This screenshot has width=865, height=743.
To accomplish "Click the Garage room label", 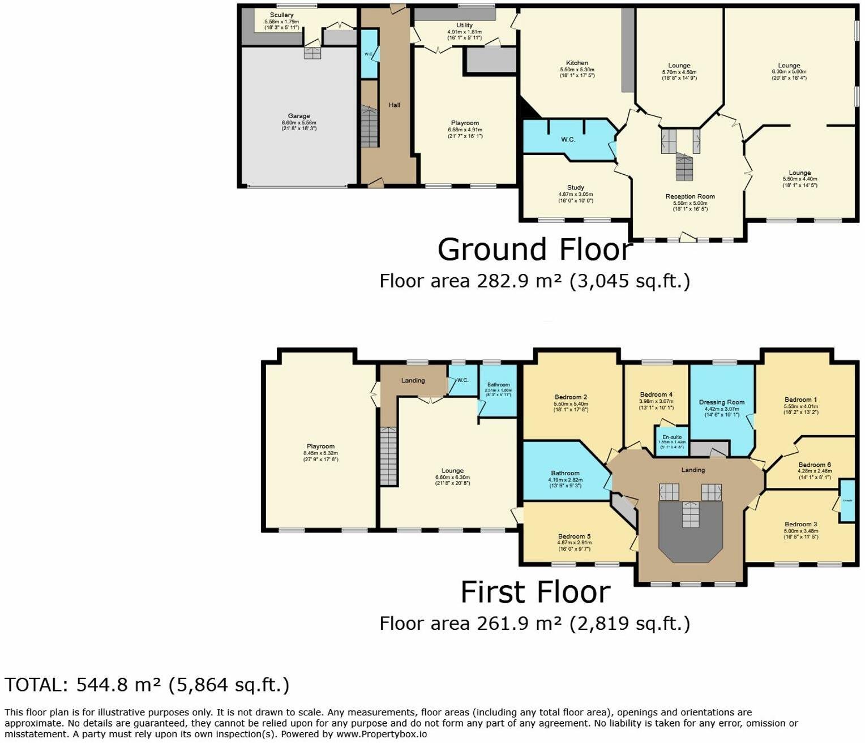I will [299, 116].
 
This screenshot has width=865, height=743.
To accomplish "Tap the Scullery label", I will [281, 15].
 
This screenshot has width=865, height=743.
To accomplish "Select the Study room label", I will [575, 187].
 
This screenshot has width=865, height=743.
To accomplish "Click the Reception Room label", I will [690, 196].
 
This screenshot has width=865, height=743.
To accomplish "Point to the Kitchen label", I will [577, 63].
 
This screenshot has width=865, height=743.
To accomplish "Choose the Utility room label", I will [464, 25].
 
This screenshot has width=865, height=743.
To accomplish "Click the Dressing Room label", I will [722, 402].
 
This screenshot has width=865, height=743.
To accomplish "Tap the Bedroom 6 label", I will [815, 465].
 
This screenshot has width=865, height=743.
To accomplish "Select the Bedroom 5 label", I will [574, 536].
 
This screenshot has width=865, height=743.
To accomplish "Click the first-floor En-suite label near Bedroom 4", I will [672, 437].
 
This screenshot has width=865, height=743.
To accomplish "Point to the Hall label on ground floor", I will [395, 105].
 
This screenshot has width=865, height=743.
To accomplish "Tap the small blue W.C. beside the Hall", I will [369, 54].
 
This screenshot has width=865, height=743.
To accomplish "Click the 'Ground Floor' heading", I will [535, 250].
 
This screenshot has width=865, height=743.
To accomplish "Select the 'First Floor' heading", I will [535, 592].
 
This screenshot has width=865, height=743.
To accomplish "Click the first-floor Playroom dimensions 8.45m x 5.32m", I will [320, 453].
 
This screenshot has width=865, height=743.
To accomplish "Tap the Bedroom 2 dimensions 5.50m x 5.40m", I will [571, 404].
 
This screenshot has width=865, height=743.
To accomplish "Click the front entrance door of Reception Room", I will [688, 238].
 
